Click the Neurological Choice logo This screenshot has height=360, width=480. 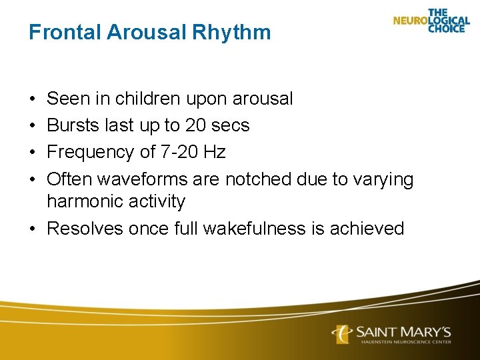point(431,21)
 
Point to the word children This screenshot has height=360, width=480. point(147,99)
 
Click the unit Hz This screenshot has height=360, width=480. point(215,152)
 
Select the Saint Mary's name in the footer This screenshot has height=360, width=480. point(403,331)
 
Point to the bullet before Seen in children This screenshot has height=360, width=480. point(33,99)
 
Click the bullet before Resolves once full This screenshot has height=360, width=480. point(33,229)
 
